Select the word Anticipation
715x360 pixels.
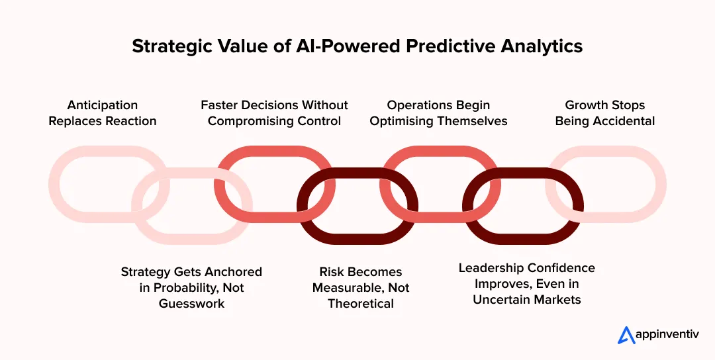coord(103,105)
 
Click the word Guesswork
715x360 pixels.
coord(191,304)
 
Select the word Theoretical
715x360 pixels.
coord(361,304)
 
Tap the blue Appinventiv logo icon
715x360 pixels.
coord(626,336)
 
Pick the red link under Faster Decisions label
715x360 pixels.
coord(275,154)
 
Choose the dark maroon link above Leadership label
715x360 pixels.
coord(524,231)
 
